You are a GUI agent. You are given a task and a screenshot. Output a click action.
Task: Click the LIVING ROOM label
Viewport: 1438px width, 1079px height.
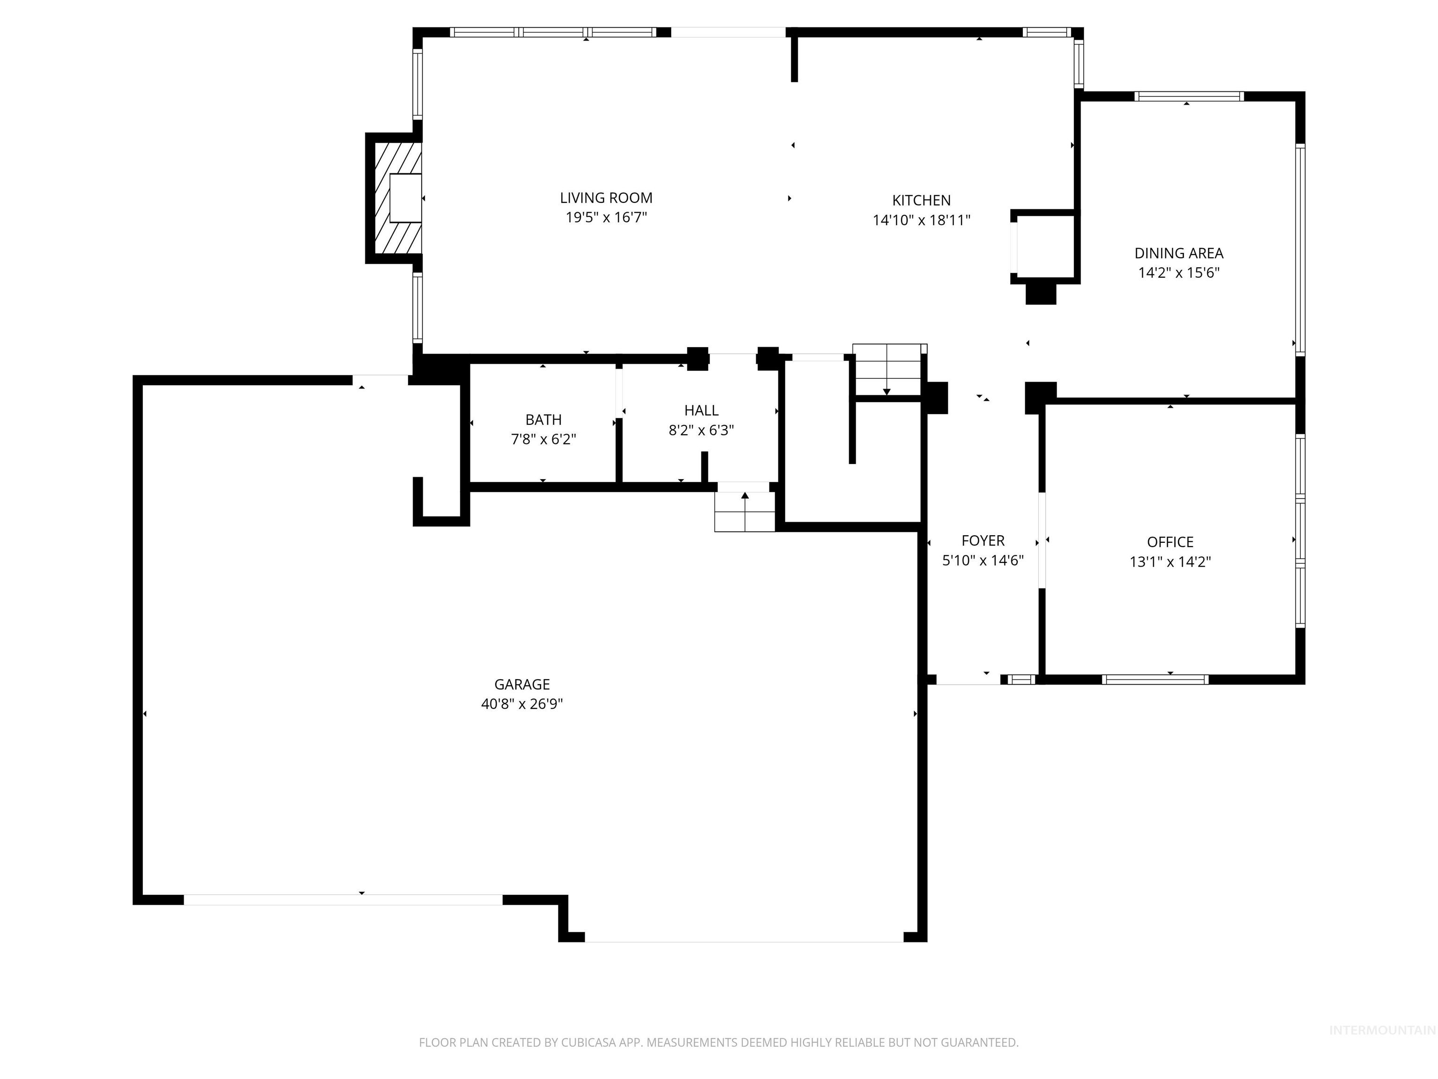pos(606,198)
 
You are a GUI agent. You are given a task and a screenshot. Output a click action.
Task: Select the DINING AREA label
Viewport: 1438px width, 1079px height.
pos(1179,253)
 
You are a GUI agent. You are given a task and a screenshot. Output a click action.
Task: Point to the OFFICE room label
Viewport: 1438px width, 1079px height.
pos(1170,542)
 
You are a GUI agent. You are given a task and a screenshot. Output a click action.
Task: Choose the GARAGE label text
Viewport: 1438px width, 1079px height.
pos(522,684)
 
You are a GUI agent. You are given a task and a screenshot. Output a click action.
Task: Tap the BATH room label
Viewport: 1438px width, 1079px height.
pos(543,420)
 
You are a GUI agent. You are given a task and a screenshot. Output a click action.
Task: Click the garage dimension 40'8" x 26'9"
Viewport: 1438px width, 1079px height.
pos(522,704)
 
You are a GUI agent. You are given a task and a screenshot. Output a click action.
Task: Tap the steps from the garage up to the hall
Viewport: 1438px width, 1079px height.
pos(745,512)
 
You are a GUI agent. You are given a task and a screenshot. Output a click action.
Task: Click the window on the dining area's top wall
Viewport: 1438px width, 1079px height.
pos(1189,96)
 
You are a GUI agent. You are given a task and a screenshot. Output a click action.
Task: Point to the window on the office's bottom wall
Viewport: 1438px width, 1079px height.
pos(1155,680)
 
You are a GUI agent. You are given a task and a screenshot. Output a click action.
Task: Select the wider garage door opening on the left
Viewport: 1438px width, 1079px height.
pos(343,900)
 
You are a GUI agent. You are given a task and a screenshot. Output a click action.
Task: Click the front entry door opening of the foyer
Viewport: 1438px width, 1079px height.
pos(968,680)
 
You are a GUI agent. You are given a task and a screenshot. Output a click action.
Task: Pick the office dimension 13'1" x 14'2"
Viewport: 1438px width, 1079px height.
pos(1170,562)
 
